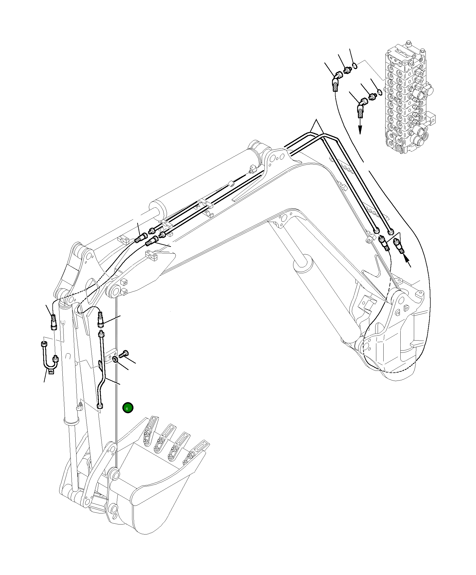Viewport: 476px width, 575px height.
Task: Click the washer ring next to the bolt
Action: point(115,359)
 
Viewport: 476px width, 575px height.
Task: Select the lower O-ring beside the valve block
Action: point(379,91)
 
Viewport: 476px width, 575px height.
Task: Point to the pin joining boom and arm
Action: point(114,291)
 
